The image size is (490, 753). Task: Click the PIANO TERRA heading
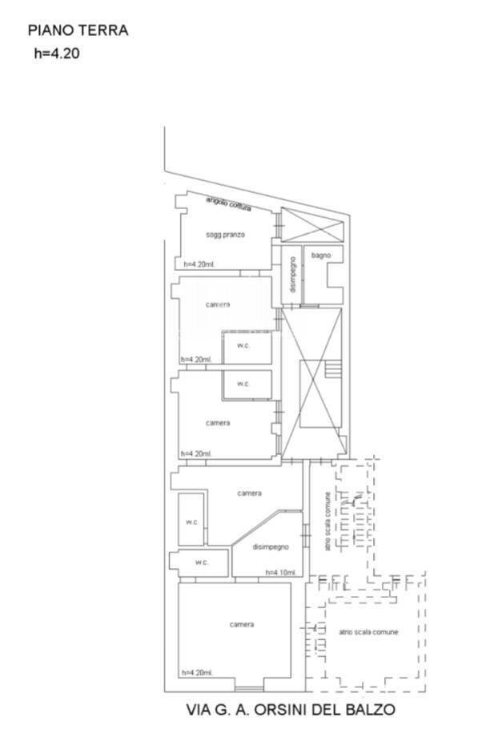click(x=78, y=31)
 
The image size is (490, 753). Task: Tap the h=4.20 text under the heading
click(x=56, y=54)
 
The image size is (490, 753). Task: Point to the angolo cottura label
click(x=228, y=204)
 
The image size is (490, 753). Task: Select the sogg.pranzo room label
click(x=225, y=235)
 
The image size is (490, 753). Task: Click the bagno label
click(x=321, y=256)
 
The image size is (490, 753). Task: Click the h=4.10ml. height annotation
click(x=280, y=573)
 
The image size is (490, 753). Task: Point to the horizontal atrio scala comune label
click(x=368, y=633)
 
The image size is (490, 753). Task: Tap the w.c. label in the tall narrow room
click(x=192, y=522)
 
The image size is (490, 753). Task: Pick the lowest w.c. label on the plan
click(x=201, y=563)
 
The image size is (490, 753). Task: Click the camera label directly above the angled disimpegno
click(x=249, y=493)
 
